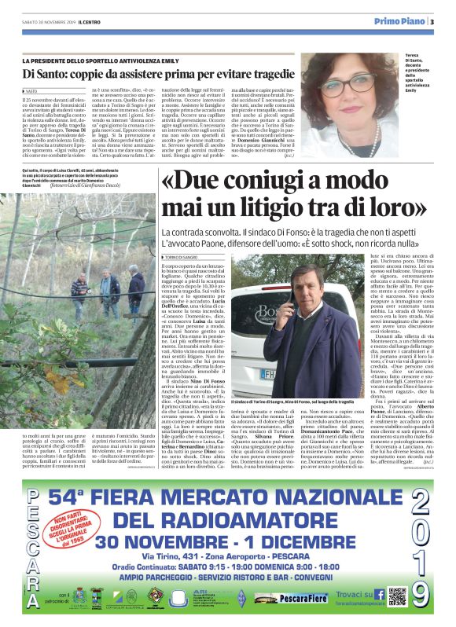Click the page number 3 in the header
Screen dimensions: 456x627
[x=432, y=21]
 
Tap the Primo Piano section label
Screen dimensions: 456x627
[x=399, y=21]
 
